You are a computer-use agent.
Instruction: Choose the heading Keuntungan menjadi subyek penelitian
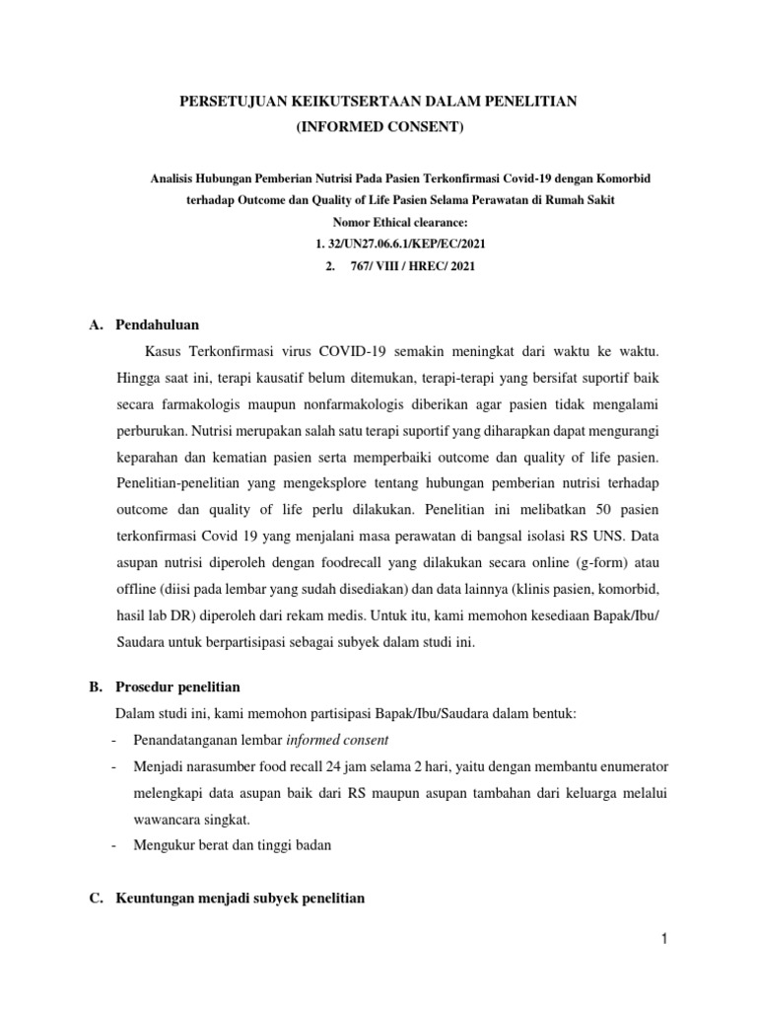(240, 899)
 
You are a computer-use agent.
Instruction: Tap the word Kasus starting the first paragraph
(164, 351)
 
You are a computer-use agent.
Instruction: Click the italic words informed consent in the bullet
(337, 740)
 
